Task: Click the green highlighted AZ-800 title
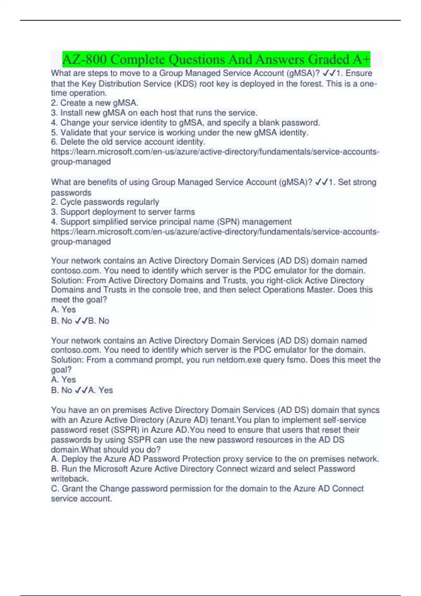216,59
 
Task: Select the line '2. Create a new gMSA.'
95,103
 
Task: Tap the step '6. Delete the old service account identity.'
128,142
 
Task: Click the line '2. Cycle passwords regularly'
105,202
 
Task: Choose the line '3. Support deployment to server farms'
123,212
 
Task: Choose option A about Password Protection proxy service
215,459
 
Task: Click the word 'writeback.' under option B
70,479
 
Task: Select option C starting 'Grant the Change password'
207,489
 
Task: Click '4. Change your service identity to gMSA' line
185,123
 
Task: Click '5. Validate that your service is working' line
180,133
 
